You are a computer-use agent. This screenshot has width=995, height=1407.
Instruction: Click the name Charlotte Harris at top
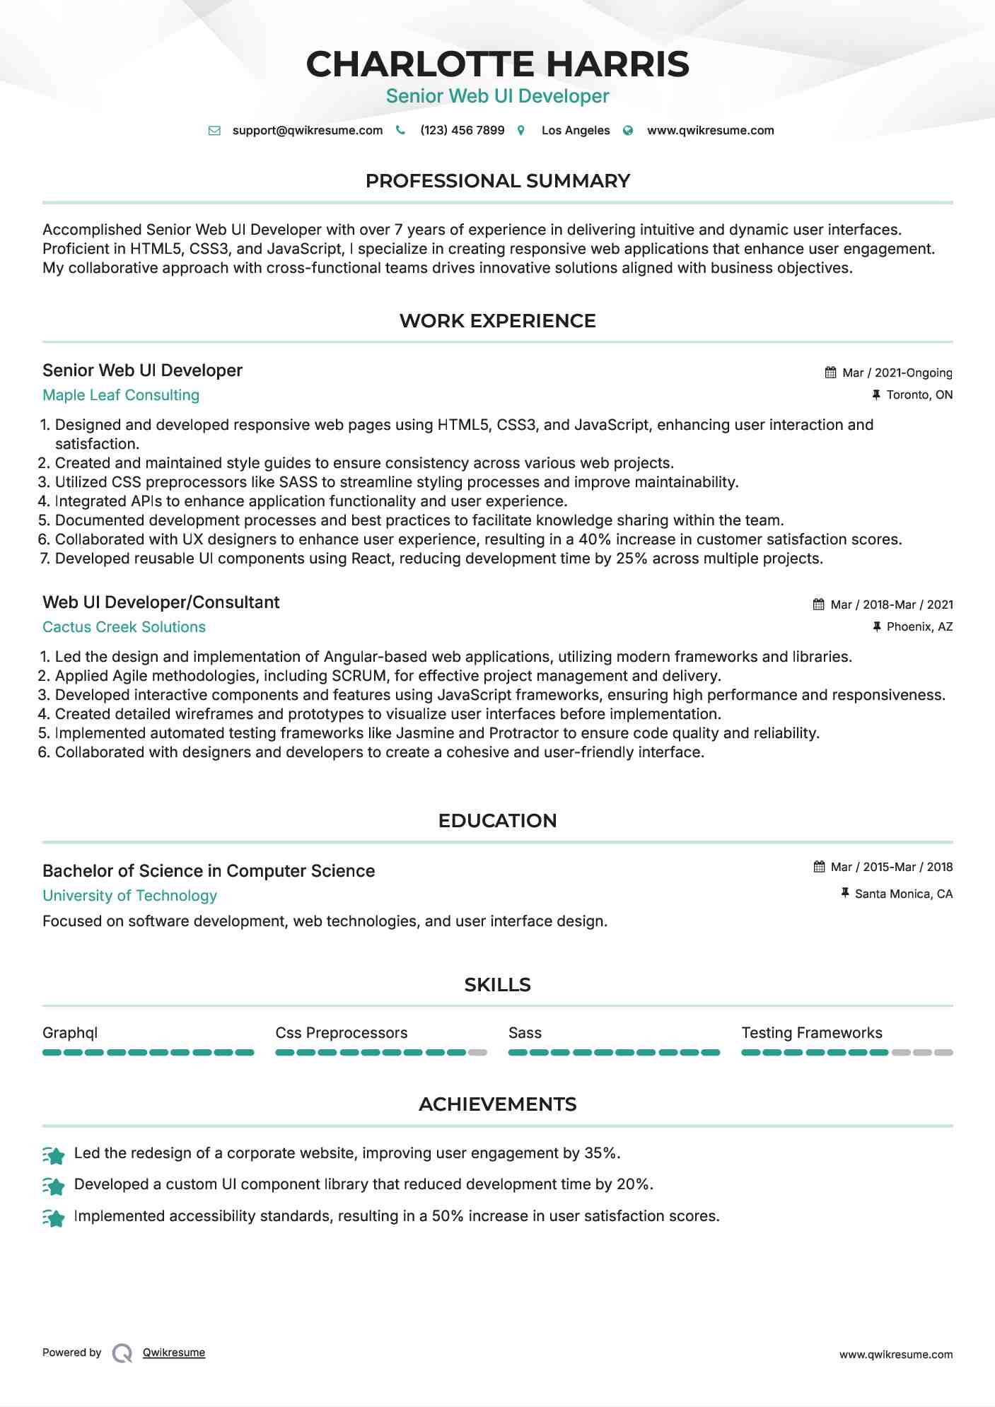497,64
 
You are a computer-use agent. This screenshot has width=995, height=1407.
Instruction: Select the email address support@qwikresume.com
307,130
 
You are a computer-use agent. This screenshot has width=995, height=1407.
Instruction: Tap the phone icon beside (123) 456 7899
400,130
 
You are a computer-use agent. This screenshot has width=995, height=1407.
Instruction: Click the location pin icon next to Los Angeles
521,130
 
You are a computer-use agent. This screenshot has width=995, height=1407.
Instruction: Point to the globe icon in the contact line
628,130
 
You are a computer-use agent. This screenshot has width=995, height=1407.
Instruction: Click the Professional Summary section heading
497,181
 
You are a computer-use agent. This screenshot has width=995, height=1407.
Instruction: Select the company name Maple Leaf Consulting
121,395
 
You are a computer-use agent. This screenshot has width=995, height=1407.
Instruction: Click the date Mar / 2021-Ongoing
897,373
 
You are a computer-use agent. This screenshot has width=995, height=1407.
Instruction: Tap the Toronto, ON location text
919,395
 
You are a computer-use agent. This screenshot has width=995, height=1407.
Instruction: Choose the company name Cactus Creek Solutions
124,627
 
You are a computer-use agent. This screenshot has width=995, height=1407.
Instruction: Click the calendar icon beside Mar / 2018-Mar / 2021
819,605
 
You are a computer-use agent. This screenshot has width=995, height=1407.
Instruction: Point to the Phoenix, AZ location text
919,626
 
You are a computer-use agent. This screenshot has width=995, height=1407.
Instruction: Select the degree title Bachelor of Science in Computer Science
209,871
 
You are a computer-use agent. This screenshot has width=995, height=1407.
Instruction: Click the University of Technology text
129,896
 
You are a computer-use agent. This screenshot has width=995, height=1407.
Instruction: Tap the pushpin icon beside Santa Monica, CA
844,894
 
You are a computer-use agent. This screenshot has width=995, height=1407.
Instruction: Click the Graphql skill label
70,1033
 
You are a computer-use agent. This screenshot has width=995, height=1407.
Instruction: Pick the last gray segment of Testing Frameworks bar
943,1053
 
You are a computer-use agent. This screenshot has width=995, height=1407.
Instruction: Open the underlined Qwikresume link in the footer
174,1353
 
